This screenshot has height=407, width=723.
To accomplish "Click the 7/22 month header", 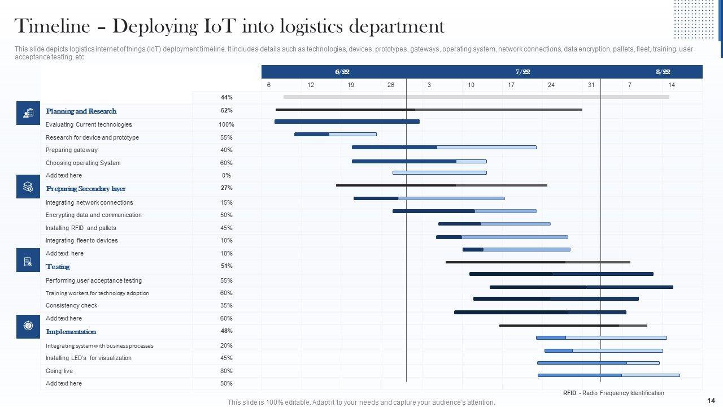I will pos(522,72).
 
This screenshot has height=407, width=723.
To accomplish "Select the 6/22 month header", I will pos(342,72).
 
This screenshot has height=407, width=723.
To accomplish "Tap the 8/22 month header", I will pos(663,72).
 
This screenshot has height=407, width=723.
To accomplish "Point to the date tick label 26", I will pos(391,85).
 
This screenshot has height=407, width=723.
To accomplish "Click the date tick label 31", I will pos(591,85).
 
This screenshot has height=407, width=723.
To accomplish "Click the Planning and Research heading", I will pos(81,111).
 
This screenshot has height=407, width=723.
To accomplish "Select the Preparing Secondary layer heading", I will pos(85,189).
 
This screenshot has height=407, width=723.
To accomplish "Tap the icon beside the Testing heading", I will pos(28,261).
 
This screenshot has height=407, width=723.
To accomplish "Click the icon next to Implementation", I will pos(28,326).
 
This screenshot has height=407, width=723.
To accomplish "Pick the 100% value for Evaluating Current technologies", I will pos(227,124).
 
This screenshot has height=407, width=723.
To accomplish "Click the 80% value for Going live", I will pos(227,371).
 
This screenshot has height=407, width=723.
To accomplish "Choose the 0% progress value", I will pos(227,175).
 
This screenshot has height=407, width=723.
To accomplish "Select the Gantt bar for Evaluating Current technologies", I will pos(347,122).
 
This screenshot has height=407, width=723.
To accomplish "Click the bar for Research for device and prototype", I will pos(335,134).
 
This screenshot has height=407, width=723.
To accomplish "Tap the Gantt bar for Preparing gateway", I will pos(443,147).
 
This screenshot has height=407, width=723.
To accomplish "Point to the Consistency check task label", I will pos(71,305).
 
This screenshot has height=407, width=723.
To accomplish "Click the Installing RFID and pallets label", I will pos(81,228).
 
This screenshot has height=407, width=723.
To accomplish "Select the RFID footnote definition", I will pos(613,393).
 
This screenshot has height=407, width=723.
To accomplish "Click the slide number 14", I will pos(711,400).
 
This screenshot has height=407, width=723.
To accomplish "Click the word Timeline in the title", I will pos(52,27).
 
